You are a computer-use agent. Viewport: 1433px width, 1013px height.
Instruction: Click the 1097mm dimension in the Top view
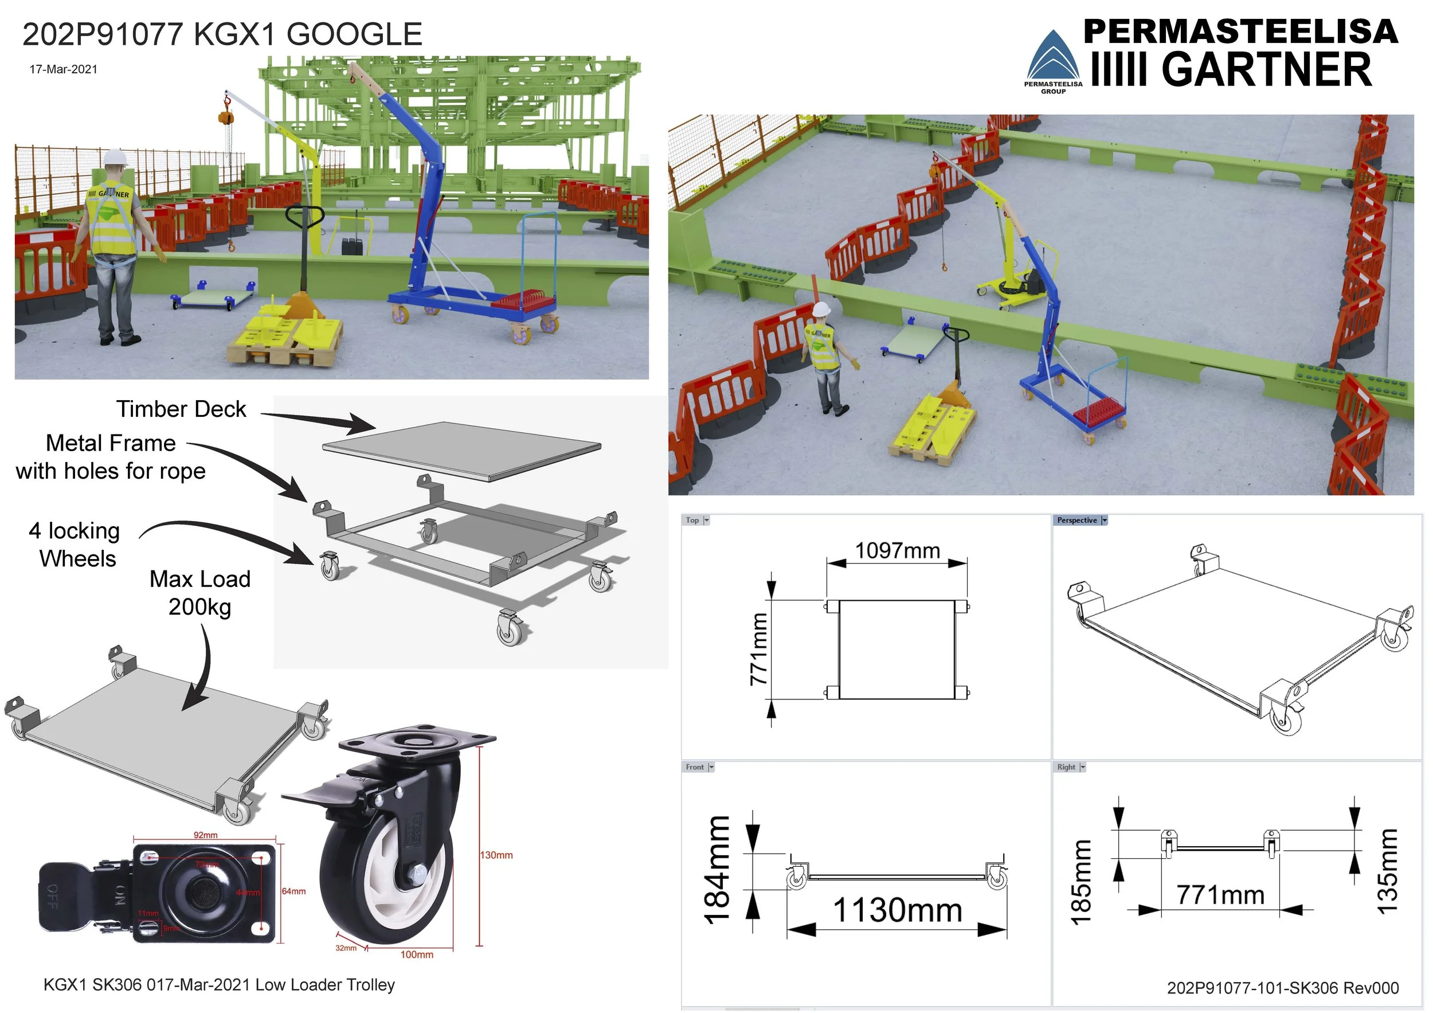(897, 550)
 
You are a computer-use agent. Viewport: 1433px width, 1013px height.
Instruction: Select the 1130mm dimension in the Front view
(898, 909)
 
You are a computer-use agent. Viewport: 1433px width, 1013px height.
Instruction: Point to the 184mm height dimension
(717, 869)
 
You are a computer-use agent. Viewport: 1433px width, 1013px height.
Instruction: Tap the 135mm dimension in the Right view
(1388, 871)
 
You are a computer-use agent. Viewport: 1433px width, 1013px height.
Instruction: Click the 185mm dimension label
(1081, 881)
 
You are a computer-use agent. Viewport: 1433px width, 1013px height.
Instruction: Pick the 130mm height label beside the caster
(496, 855)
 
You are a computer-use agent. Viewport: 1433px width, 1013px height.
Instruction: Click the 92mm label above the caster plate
(205, 835)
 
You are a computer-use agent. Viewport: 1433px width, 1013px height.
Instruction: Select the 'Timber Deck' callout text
(181, 409)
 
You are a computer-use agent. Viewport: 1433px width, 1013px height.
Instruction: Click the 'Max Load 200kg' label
(199, 592)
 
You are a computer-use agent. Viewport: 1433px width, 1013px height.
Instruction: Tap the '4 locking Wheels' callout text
(75, 544)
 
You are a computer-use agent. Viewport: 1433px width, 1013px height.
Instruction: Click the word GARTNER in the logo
(1266, 69)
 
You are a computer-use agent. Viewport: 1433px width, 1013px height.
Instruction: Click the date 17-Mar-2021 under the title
(64, 69)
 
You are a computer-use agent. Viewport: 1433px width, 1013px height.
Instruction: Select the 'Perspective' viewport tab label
(1076, 521)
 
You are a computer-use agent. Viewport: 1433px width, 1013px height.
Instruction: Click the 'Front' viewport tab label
(695, 767)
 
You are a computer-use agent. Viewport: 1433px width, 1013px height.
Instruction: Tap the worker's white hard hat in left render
(115, 157)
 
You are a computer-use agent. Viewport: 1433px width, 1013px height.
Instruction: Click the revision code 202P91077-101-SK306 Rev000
(1283, 988)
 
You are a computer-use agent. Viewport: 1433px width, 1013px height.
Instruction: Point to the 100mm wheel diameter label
(416, 955)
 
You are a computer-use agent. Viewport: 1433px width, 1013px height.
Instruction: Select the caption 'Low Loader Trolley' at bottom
(325, 985)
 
